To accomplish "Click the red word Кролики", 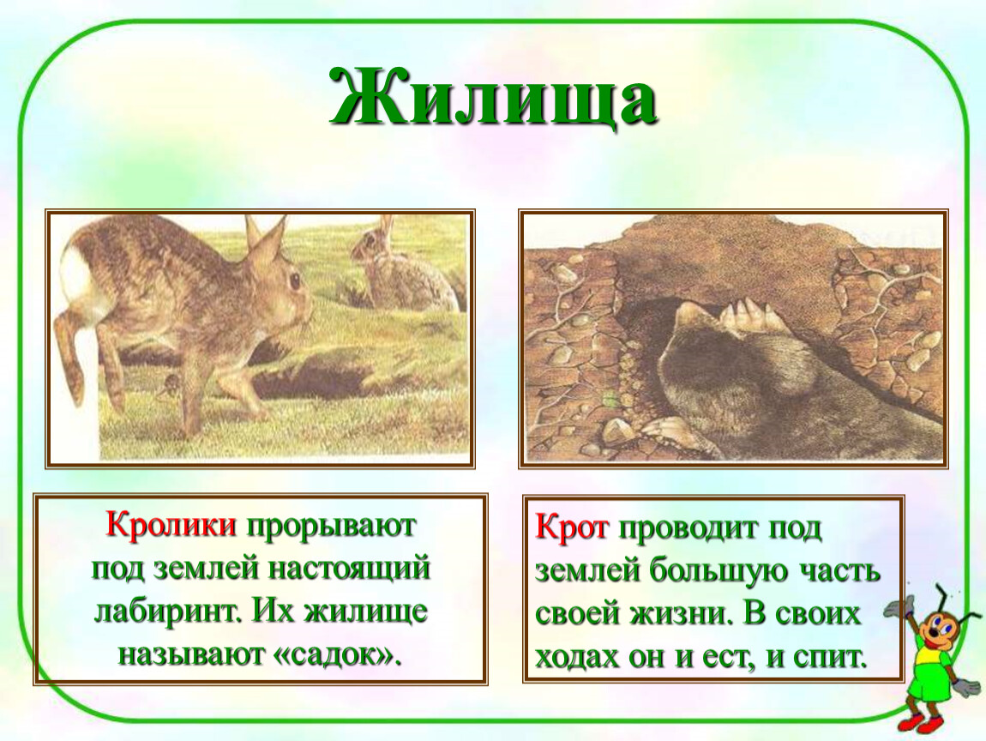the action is click(171, 524).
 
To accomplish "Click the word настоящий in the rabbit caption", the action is click(350, 568).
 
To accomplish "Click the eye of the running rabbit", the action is click(294, 280).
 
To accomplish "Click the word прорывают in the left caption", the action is click(332, 526).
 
